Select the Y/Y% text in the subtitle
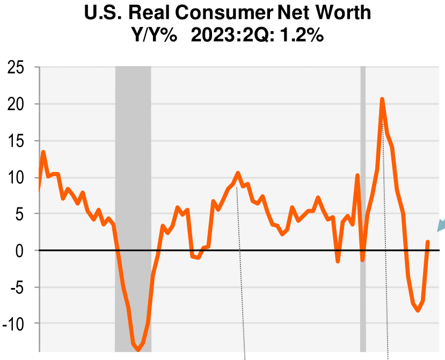click(155, 36)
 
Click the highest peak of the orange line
click(382, 99)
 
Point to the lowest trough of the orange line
click(138, 350)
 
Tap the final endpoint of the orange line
click(428, 242)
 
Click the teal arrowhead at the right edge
click(441, 225)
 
